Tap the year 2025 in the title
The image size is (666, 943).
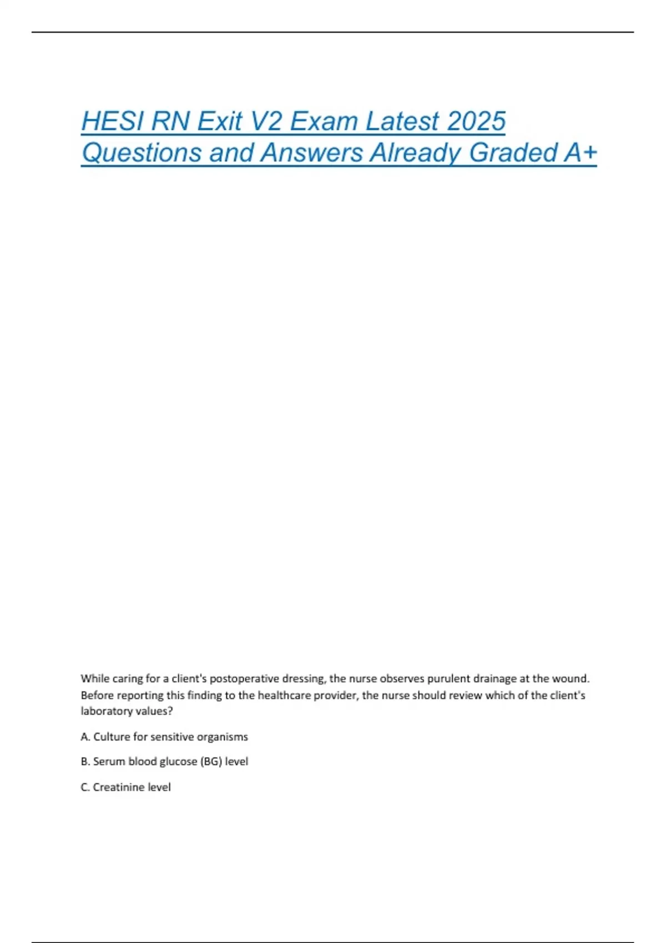click(476, 121)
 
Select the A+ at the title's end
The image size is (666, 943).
click(581, 153)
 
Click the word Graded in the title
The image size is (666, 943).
click(513, 153)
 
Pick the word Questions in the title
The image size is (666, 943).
click(142, 153)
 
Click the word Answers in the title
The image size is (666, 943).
click(311, 153)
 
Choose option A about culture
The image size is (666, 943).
click(164, 737)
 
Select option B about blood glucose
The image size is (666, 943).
click(164, 762)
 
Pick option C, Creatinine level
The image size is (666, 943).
click(126, 787)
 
